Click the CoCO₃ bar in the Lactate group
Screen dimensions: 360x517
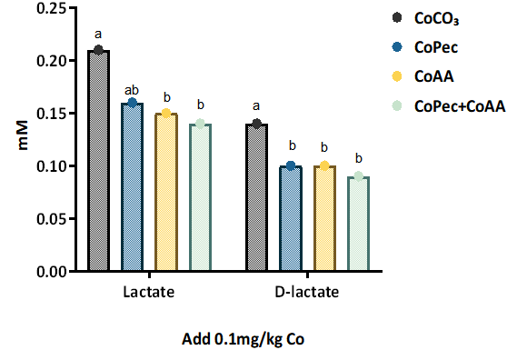pyautogui.click(x=98, y=161)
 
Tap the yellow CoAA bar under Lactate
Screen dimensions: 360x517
pyautogui.click(x=165, y=192)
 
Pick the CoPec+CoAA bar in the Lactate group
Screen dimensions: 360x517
pyautogui.click(x=200, y=197)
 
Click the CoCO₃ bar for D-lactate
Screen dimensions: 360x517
pyautogui.click(x=256, y=197)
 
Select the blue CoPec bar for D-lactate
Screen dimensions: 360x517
pyautogui.click(x=291, y=218)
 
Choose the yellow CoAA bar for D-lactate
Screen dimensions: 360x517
pyautogui.click(x=324, y=218)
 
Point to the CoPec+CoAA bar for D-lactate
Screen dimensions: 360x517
pyautogui.click(x=358, y=224)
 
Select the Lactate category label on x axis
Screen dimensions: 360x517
pyautogui.click(x=148, y=294)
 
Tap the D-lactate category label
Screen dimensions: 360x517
pyautogui.click(x=307, y=294)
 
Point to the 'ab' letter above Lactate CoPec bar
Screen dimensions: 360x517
pyautogui.click(x=132, y=89)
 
